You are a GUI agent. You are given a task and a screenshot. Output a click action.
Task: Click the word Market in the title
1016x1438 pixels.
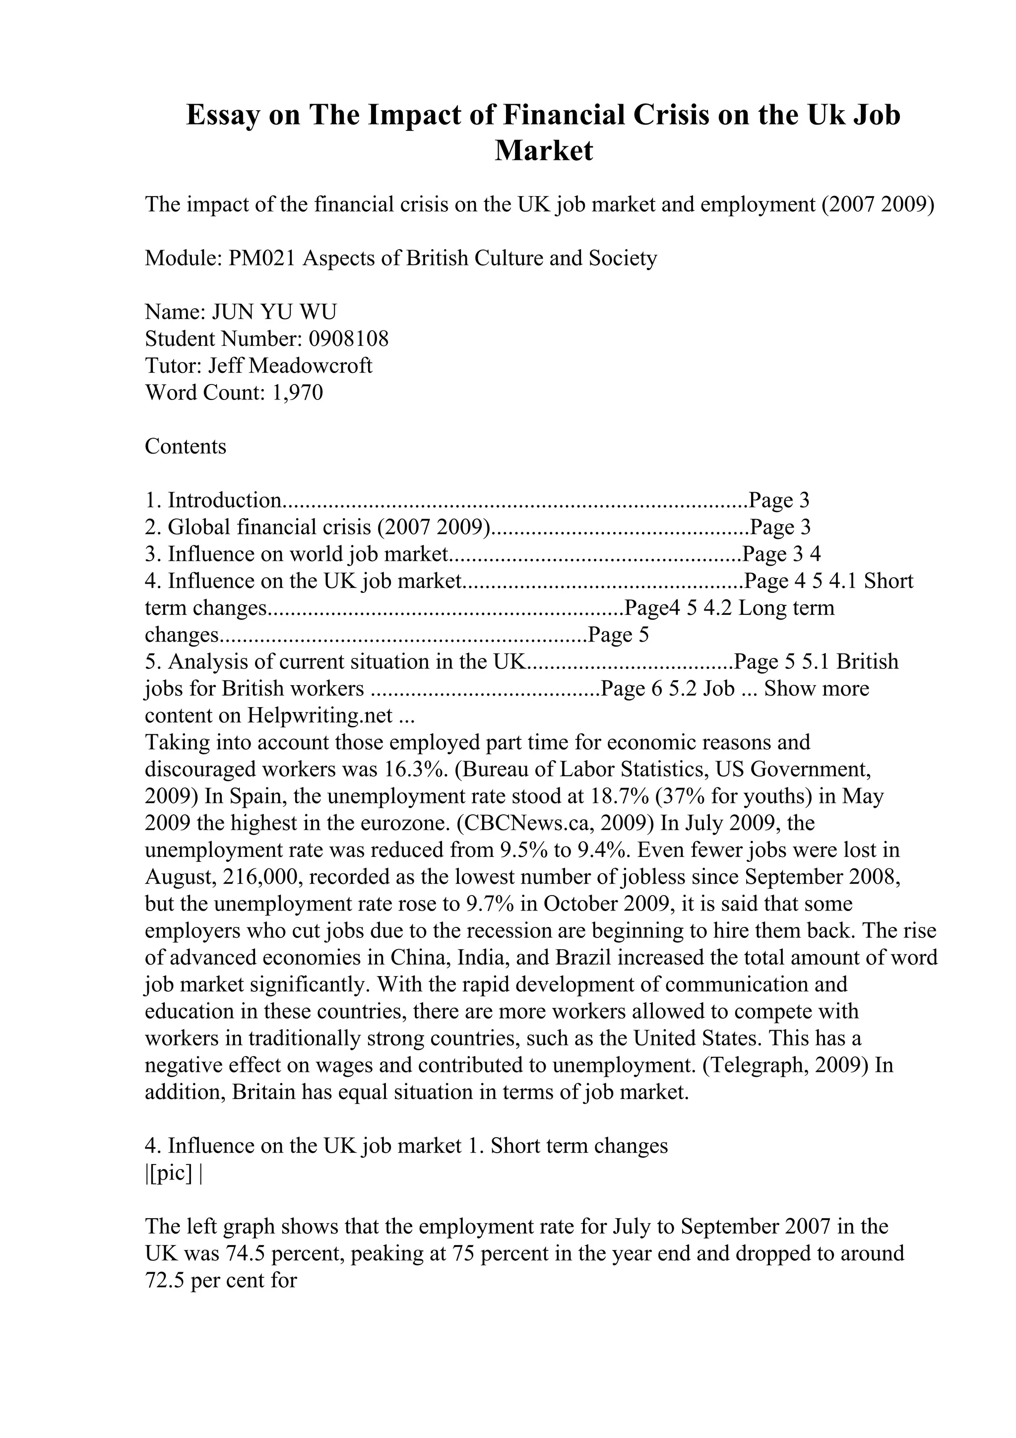(543, 151)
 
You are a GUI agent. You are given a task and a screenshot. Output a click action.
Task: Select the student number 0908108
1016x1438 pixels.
(349, 339)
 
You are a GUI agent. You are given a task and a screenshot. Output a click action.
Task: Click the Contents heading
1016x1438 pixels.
(186, 447)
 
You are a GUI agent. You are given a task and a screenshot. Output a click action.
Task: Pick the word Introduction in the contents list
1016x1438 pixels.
(224, 500)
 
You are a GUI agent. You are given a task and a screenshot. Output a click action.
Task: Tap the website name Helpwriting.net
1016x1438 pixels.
(319, 715)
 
